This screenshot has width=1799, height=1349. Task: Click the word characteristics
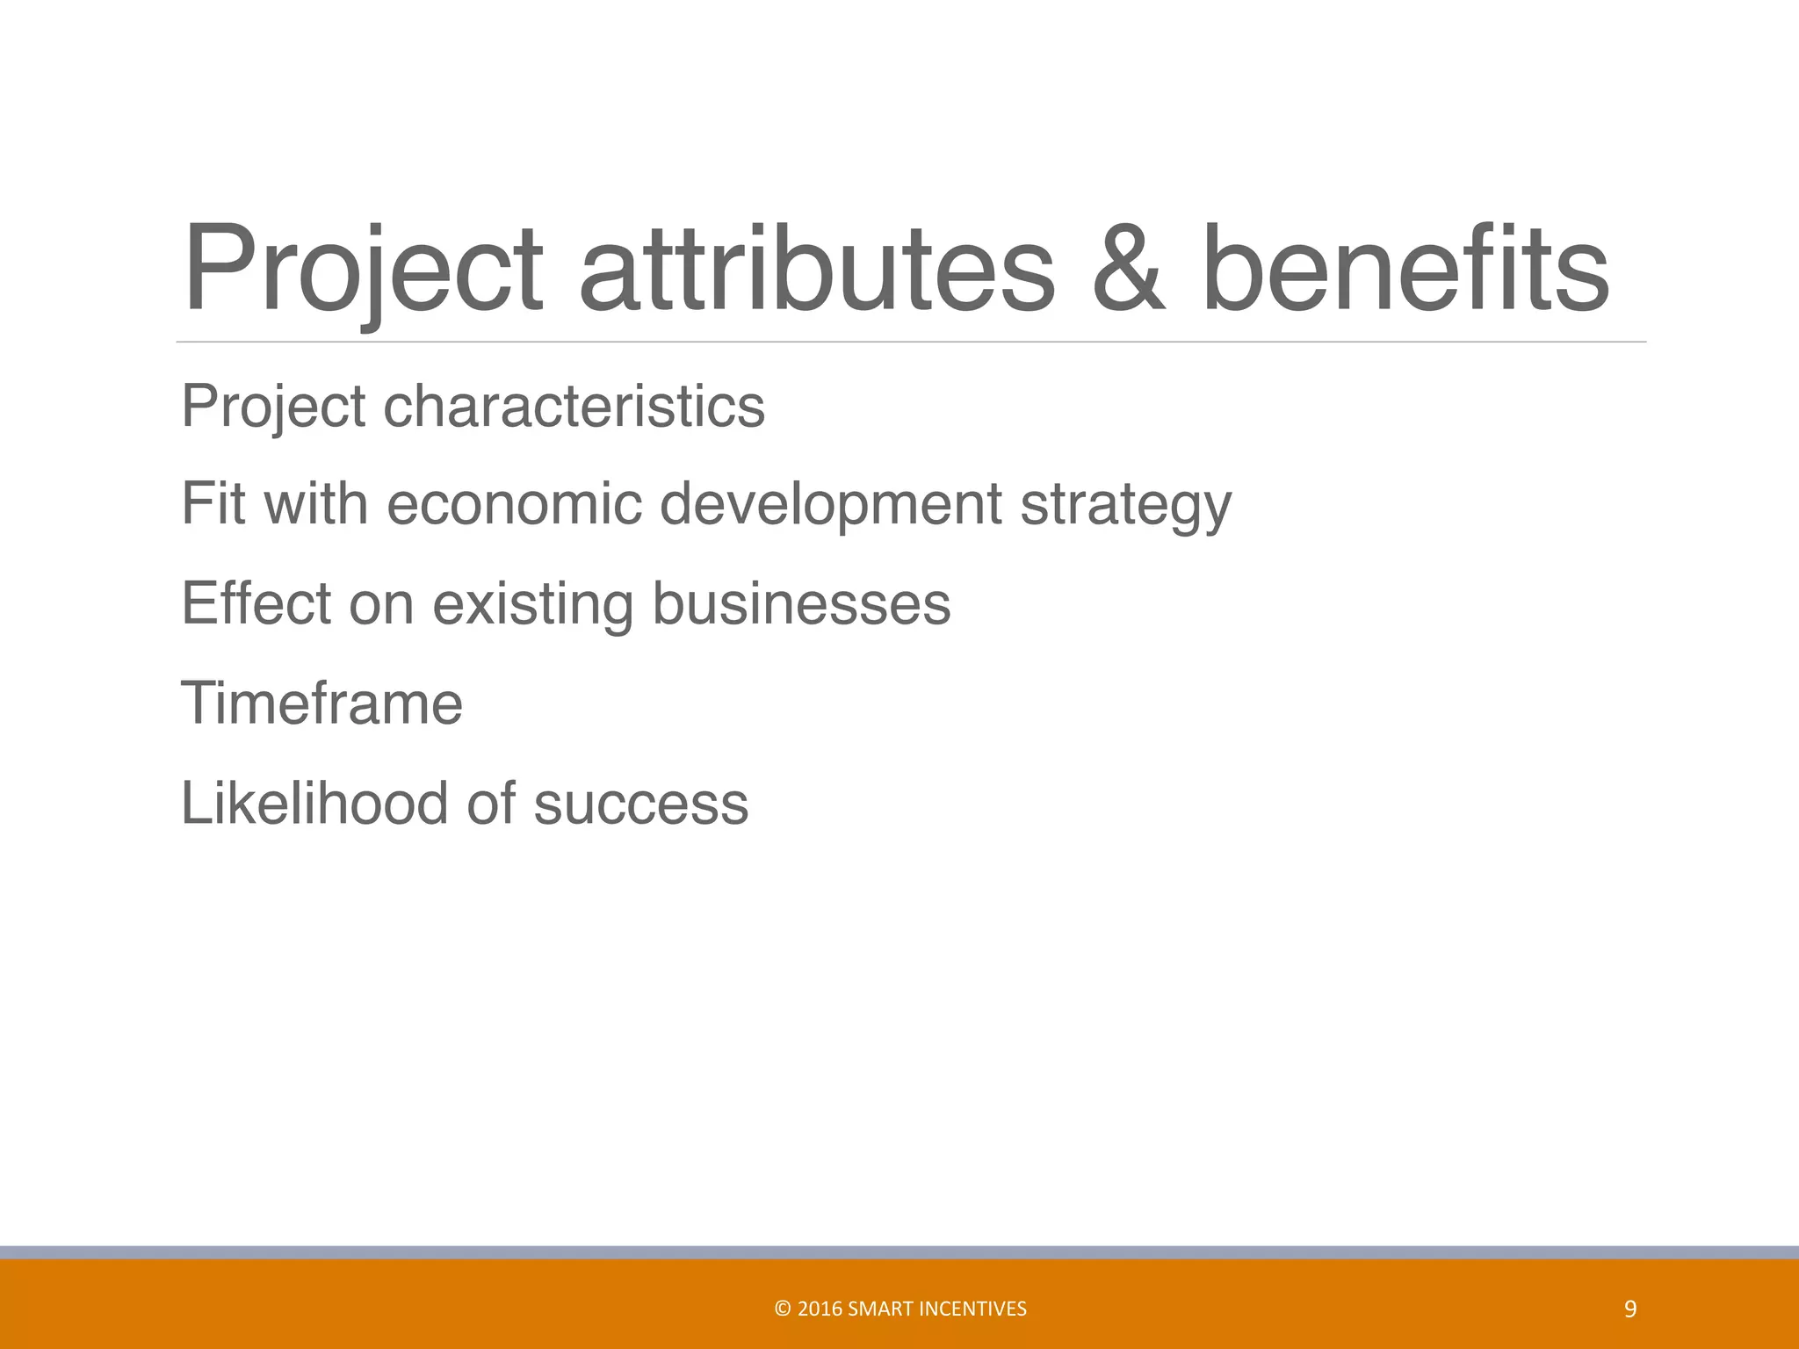coord(574,406)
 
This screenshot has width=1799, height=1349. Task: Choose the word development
coord(830,506)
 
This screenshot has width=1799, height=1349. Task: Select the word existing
coord(532,605)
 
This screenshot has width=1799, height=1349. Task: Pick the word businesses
coord(800,603)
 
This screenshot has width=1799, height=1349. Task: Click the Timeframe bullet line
coord(322,703)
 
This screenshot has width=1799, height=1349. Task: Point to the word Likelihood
coord(314,803)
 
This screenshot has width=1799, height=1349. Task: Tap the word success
coord(640,804)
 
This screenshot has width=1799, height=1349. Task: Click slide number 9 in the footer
coord(1630,1309)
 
